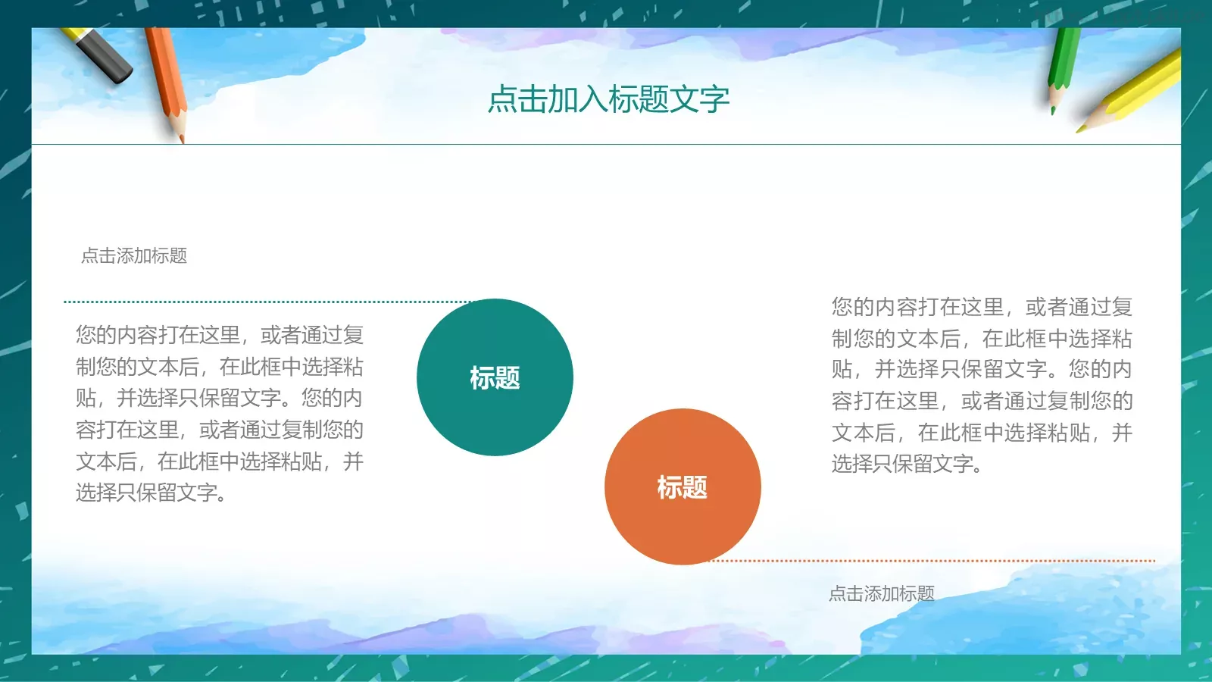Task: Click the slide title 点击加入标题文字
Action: click(x=608, y=99)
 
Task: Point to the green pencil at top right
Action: click(x=1062, y=64)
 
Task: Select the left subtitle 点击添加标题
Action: click(x=134, y=256)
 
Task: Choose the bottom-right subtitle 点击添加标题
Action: click(x=882, y=593)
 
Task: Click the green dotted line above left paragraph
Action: click(x=265, y=302)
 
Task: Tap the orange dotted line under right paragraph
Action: click(x=932, y=562)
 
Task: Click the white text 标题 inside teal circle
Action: click(x=495, y=377)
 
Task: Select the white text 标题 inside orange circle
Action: click(x=683, y=487)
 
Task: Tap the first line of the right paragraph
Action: click(x=982, y=307)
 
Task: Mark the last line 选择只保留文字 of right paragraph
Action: click(x=906, y=464)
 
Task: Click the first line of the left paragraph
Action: click(x=220, y=335)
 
